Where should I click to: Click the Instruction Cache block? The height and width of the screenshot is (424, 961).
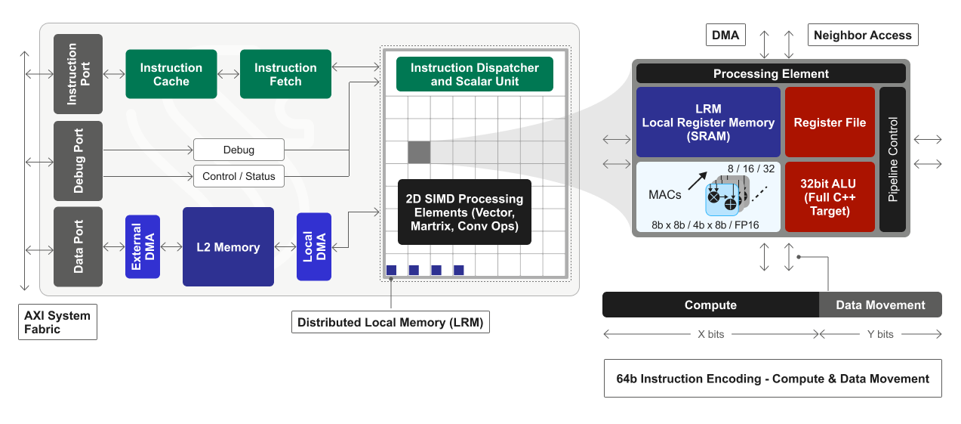pos(171,74)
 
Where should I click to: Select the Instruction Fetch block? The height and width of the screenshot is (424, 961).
pos(285,74)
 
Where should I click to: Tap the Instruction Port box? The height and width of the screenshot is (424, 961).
pos(78,74)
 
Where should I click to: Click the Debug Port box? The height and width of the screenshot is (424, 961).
pos(78,161)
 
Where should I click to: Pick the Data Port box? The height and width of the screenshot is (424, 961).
pos(78,246)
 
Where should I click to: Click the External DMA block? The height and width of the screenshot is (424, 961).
pos(143,246)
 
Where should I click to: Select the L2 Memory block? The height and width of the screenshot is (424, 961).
pos(228,247)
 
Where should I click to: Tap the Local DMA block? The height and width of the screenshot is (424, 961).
pos(314,246)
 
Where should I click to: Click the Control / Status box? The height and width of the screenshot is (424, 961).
pos(239,176)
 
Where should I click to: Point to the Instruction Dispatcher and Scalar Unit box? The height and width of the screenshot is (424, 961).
pos(474,74)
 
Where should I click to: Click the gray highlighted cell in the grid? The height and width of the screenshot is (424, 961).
pos(419,152)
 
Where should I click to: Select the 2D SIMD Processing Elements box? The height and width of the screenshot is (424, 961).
pos(464,212)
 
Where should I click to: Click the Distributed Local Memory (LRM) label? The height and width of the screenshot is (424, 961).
pos(391,322)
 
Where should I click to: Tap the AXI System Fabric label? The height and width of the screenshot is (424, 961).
pos(57,323)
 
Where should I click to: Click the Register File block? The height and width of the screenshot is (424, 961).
pos(830,122)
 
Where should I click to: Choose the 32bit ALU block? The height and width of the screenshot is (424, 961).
pos(830,197)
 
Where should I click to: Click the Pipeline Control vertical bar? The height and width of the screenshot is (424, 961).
pos(893,159)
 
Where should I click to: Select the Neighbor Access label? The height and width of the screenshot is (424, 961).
pos(863,35)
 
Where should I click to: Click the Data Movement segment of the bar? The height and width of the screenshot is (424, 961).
pos(880,305)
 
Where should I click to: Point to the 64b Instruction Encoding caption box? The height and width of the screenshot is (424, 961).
pos(772,379)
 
